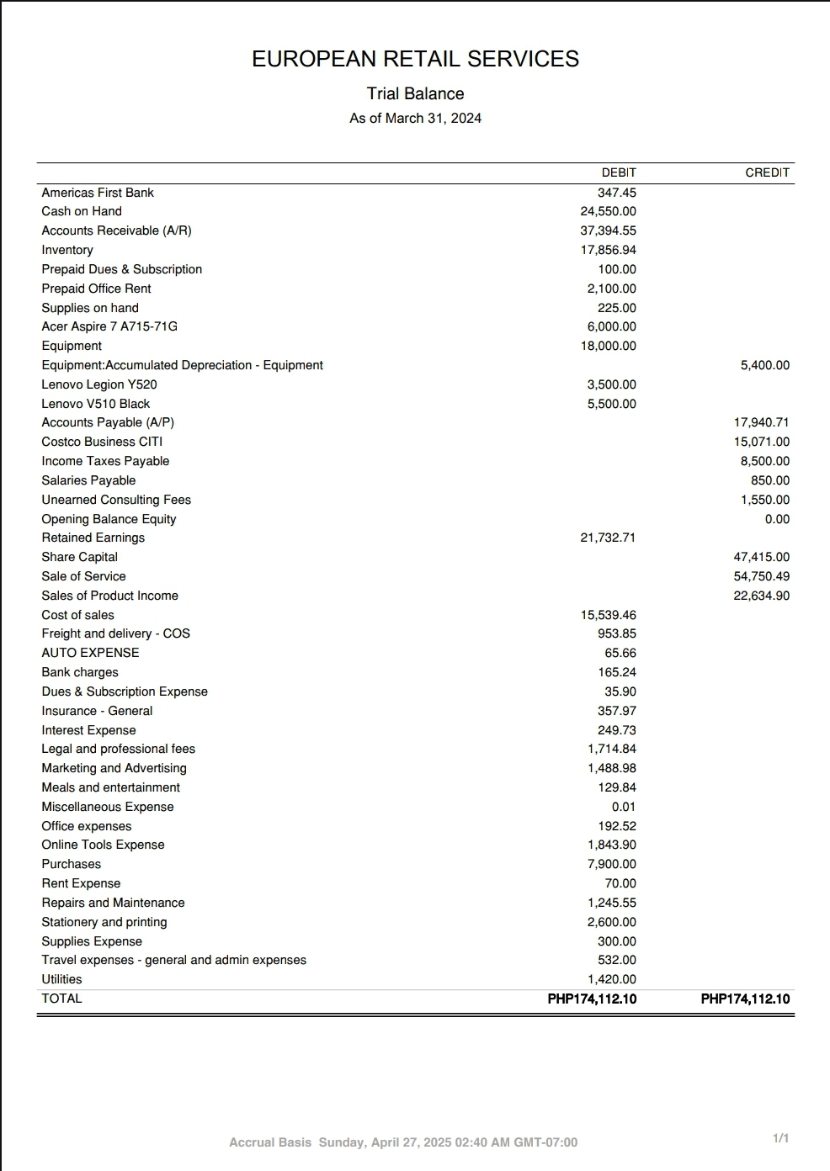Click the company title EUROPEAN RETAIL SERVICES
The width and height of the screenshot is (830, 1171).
pyautogui.click(x=415, y=59)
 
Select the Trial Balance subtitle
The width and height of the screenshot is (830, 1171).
pyautogui.click(x=415, y=93)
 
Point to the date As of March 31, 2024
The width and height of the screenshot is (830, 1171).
pyautogui.click(x=415, y=118)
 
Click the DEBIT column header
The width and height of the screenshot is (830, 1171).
pyautogui.click(x=619, y=172)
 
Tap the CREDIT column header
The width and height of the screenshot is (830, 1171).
pyautogui.click(x=767, y=172)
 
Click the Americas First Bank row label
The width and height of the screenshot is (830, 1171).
pyautogui.click(x=98, y=193)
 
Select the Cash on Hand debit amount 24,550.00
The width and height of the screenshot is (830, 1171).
pyautogui.click(x=608, y=211)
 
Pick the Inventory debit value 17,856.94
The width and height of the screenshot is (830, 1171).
pyautogui.click(x=608, y=250)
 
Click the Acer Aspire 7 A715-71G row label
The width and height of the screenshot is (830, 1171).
pyautogui.click(x=109, y=326)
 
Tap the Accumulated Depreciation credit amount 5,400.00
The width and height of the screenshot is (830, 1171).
pyautogui.click(x=764, y=365)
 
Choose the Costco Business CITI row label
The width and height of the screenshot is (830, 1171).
pyautogui.click(x=102, y=442)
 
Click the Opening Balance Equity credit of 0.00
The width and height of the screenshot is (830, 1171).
pyautogui.click(x=777, y=519)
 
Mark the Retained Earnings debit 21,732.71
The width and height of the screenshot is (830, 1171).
pyautogui.click(x=608, y=538)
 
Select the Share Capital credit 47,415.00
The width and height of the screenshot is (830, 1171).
pyautogui.click(x=761, y=557)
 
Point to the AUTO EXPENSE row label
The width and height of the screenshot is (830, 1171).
pyautogui.click(x=90, y=653)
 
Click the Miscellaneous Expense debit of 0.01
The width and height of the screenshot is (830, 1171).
pyautogui.click(x=624, y=807)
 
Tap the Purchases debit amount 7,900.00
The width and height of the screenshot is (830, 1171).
pyautogui.click(x=611, y=864)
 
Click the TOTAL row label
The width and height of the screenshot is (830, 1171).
pyautogui.click(x=61, y=999)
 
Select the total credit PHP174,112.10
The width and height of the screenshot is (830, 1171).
pyautogui.click(x=745, y=999)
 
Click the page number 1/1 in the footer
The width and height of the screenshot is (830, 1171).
pyautogui.click(x=780, y=1138)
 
